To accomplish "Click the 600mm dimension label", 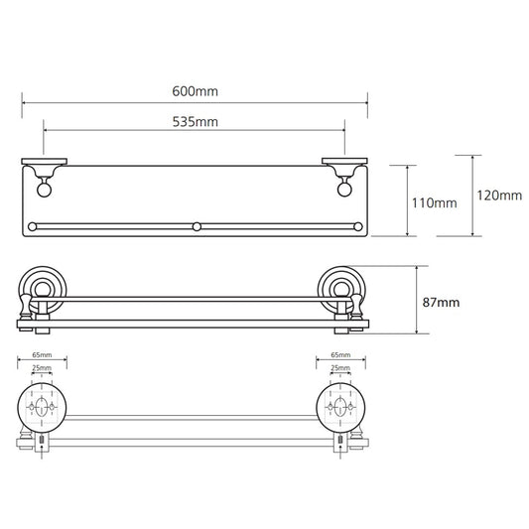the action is click(195, 91).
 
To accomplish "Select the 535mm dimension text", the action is click(195, 122).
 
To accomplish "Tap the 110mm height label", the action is click(434, 203).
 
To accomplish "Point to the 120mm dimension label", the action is click(499, 196).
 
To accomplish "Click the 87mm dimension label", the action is click(441, 303).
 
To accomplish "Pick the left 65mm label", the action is click(42, 355).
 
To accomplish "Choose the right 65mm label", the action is click(340, 355).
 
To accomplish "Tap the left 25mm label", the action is click(42, 368).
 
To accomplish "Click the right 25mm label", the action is click(340, 368).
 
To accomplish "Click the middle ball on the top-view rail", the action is click(197, 226).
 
